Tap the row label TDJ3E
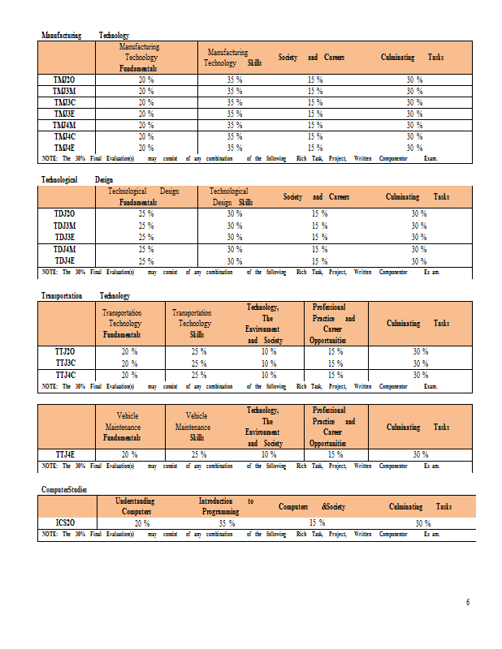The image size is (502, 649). [x=65, y=237]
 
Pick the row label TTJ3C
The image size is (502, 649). [x=65, y=363]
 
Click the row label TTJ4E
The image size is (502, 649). [x=65, y=454]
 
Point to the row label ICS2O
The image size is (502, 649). [x=65, y=523]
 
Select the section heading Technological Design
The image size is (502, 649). [x=77, y=179]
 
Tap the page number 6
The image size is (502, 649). [x=467, y=602]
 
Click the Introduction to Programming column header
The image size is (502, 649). [x=226, y=506]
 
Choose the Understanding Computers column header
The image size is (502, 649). [x=136, y=506]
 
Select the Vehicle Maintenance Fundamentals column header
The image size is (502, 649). [x=122, y=427]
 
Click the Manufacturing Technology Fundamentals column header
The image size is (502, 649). [x=139, y=58]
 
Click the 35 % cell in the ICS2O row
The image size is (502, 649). [x=227, y=523]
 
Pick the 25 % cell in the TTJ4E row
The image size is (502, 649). [x=198, y=454]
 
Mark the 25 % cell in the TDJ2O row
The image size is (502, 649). [x=146, y=213]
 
